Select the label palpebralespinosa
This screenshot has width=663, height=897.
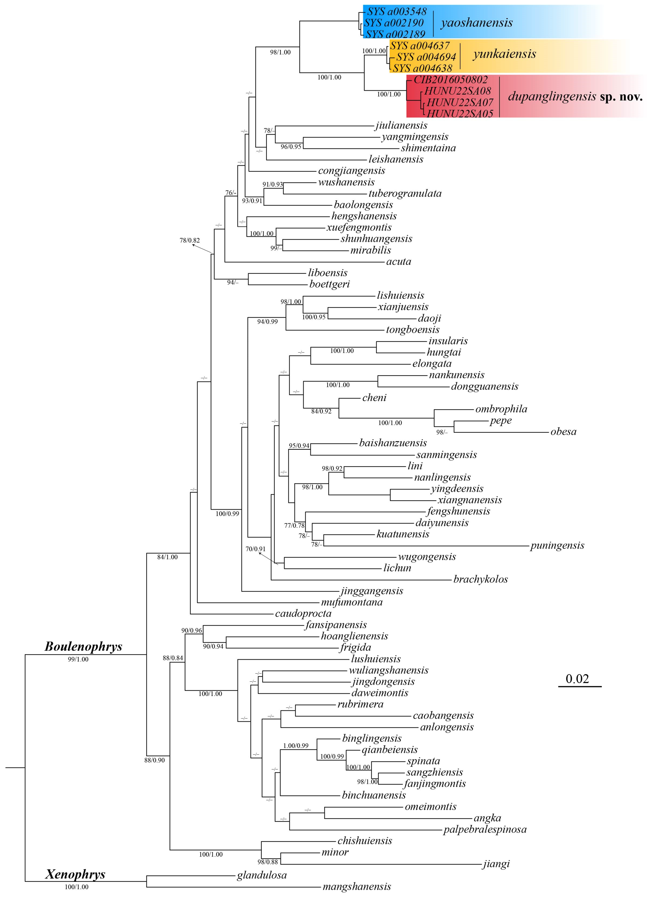pyautogui.click(x=485, y=830)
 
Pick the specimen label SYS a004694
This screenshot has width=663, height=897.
pyautogui.click(x=426, y=57)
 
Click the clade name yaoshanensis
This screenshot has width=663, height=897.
pyautogui.click(x=477, y=23)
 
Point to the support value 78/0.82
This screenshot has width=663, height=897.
pyautogui.click(x=189, y=240)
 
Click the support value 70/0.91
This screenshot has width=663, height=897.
pyautogui.click(x=255, y=549)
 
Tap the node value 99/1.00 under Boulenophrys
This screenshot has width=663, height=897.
pyautogui.click(x=78, y=659)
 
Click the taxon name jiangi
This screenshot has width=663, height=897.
pyautogui.click(x=496, y=864)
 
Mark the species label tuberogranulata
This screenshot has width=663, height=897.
pyautogui.click(x=405, y=194)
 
